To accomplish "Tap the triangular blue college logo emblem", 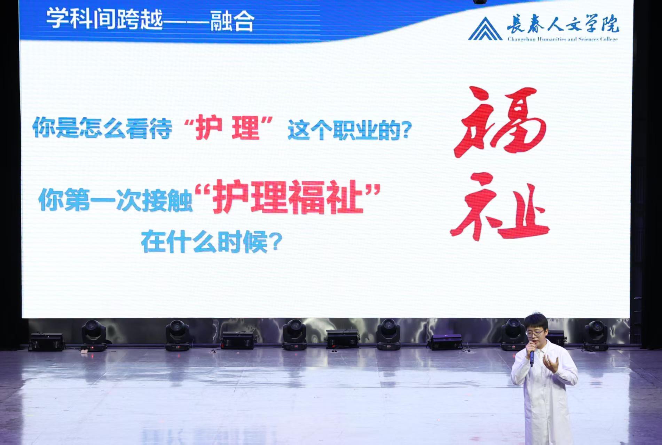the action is click(x=485, y=29).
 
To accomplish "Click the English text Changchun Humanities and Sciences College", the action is click(x=562, y=39).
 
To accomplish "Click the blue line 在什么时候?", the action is click(x=211, y=242).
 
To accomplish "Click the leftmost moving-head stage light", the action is click(x=94, y=335).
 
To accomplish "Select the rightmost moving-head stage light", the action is click(x=596, y=335).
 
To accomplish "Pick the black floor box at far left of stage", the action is click(x=46, y=342).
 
